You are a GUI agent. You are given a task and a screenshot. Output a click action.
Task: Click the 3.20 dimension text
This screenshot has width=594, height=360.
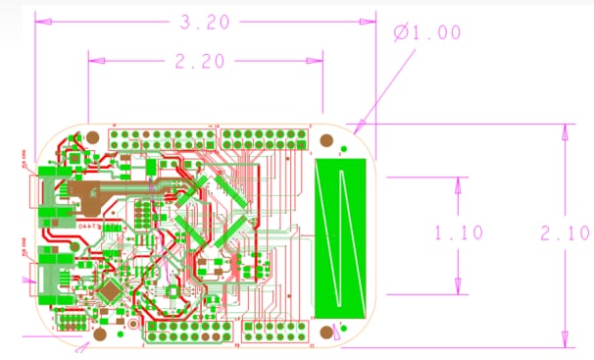point(205,21)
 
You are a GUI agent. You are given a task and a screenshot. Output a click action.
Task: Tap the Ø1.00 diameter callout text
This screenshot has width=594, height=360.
point(427,32)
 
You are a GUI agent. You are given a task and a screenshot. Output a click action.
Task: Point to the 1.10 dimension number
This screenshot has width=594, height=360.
point(459,233)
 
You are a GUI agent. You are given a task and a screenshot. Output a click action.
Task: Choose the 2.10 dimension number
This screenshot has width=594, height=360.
point(566,233)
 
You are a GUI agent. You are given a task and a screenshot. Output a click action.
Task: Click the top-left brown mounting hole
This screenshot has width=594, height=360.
point(91,139)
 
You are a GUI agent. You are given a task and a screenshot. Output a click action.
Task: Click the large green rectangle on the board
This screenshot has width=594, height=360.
point(340,236)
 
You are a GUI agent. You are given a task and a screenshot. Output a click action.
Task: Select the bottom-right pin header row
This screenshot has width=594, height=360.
point(277,332)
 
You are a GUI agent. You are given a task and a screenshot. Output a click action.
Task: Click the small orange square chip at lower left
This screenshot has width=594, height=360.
point(111,290)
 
